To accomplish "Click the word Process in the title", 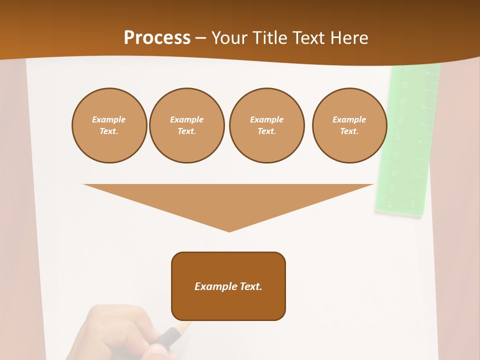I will [157, 38].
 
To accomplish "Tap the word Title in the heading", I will [268, 38].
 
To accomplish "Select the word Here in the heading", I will [348, 38].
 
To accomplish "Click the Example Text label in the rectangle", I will [228, 286].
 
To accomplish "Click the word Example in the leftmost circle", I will [109, 119].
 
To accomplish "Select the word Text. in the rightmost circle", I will [349, 131].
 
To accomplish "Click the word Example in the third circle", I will [266, 119].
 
